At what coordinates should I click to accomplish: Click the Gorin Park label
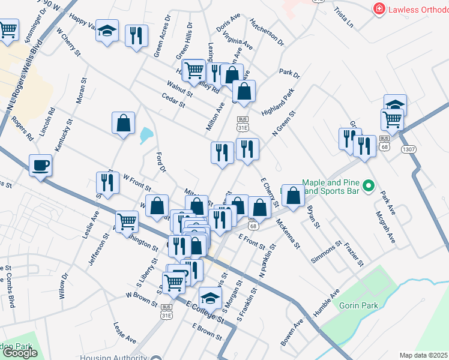point(357,305)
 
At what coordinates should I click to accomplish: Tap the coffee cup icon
point(41,165)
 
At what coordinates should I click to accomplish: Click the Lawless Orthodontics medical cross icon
point(379,9)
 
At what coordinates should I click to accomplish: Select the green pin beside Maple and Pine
point(370,187)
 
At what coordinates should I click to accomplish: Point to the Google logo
point(20,353)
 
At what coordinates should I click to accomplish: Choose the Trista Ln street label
point(345,19)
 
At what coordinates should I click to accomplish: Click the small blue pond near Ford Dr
point(146,136)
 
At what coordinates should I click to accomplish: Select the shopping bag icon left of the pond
point(123,123)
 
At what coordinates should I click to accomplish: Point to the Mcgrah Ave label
point(386,227)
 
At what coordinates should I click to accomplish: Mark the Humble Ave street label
point(327,299)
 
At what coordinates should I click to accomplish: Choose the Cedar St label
point(173,100)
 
